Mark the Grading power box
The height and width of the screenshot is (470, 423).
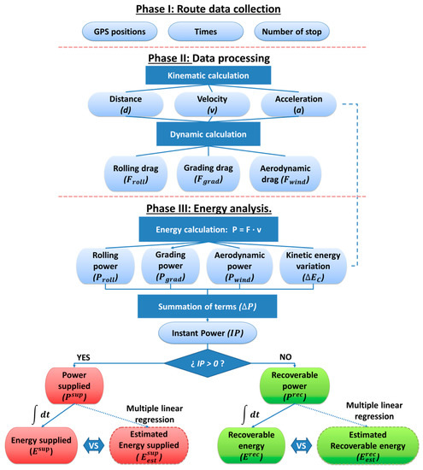click(170, 266)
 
